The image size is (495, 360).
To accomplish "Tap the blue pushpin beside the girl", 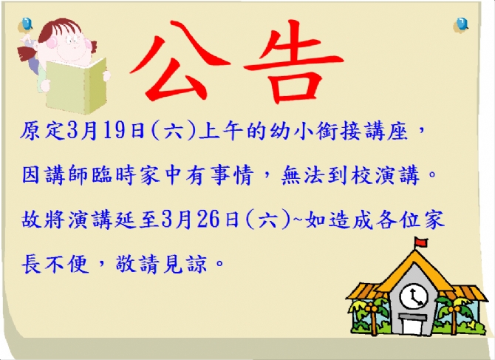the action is (x=26, y=24).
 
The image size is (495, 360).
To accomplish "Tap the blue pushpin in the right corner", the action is (x=461, y=24).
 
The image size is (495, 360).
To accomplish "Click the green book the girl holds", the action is (x=76, y=86).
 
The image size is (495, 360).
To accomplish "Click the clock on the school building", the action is (x=414, y=296).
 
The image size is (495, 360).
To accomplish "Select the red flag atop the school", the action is (x=421, y=242).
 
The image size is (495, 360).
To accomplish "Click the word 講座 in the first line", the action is (x=386, y=131).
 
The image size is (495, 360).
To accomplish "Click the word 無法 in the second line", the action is (x=302, y=175).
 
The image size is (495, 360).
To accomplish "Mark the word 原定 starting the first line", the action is (x=43, y=131).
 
